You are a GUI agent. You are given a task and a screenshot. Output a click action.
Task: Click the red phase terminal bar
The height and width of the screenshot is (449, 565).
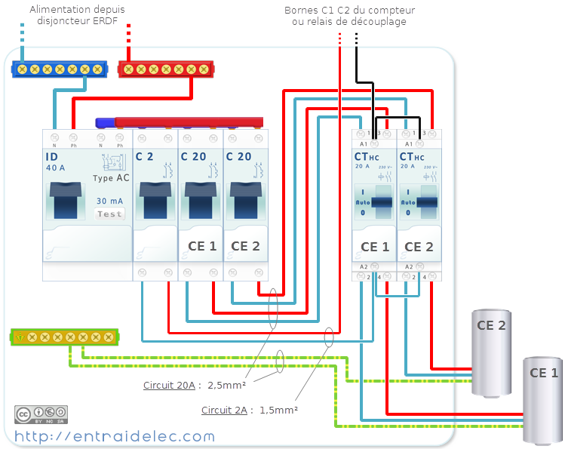point(166,69)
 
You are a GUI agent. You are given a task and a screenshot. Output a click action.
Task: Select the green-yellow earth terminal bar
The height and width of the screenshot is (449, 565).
point(64,337)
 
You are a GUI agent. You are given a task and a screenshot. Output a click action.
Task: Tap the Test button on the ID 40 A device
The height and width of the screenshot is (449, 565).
point(109,214)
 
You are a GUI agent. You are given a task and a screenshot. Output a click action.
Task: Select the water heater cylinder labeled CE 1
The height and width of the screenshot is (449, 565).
point(543,400)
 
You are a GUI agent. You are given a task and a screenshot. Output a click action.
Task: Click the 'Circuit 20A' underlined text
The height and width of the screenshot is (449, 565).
point(168,385)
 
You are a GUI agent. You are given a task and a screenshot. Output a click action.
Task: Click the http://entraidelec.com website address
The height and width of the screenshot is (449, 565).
point(114,436)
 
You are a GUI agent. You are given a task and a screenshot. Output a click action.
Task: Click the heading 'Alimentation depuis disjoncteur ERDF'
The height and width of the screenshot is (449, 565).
point(77,15)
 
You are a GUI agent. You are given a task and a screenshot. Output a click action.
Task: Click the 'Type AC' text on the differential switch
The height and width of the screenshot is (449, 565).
point(109,178)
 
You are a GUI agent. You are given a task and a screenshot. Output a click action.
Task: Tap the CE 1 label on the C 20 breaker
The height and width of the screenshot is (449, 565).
point(201,246)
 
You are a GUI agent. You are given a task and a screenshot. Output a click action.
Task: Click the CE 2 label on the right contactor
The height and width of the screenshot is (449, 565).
point(419,247)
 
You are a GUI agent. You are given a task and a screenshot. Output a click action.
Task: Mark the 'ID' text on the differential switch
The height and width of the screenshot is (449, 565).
point(52,157)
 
